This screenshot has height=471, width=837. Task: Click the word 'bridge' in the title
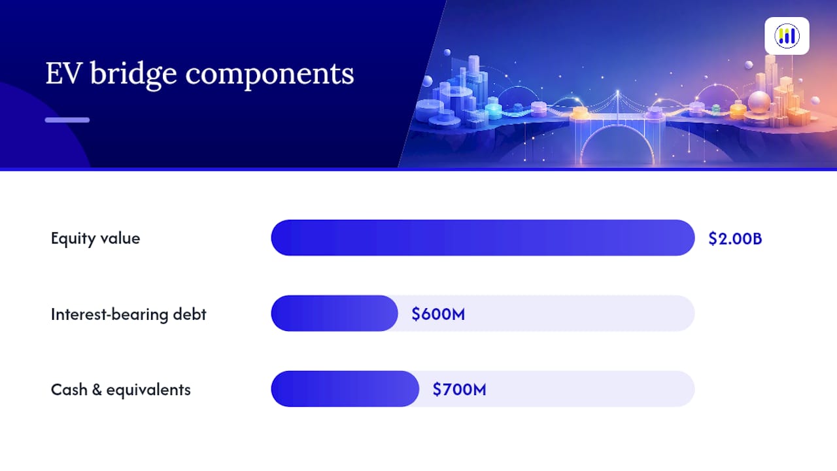[x=133, y=75]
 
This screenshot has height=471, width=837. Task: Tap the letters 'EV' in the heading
[x=63, y=73]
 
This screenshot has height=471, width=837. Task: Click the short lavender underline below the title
[x=67, y=120]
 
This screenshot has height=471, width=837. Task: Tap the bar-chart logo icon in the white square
[x=787, y=36]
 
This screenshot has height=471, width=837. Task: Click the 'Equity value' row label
[x=95, y=239]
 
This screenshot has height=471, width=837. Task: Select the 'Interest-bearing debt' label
[x=129, y=315]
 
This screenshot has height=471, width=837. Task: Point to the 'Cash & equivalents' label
[x=121, y=390]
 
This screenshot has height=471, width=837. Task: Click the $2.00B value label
[x=735, y=239]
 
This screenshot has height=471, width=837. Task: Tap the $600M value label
[x=438, y=314]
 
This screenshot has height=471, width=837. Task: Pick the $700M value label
[x=459, y=389]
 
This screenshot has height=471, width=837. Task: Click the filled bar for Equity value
[x=483, y=237]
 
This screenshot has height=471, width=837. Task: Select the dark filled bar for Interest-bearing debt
[x=334, y=313]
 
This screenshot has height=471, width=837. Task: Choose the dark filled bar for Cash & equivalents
[x=345, y=389]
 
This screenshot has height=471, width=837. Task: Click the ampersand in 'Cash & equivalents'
[x=97, y=390]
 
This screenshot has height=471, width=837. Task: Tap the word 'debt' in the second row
[x=190, y=315]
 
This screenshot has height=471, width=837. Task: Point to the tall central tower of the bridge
[x=618, y=109]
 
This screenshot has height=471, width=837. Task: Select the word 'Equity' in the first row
[x=74, y=239]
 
